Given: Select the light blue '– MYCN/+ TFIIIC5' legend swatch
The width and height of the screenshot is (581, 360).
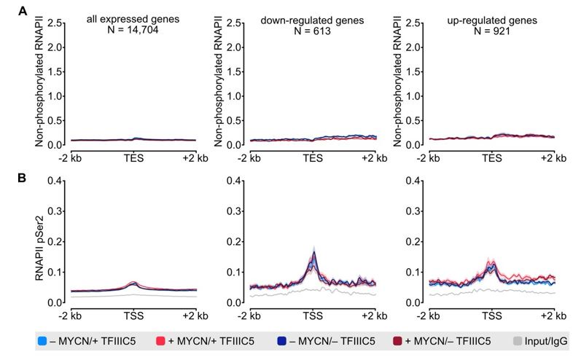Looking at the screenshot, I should (44, 340).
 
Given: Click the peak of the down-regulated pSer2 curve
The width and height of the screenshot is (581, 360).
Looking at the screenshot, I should (313, 253).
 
